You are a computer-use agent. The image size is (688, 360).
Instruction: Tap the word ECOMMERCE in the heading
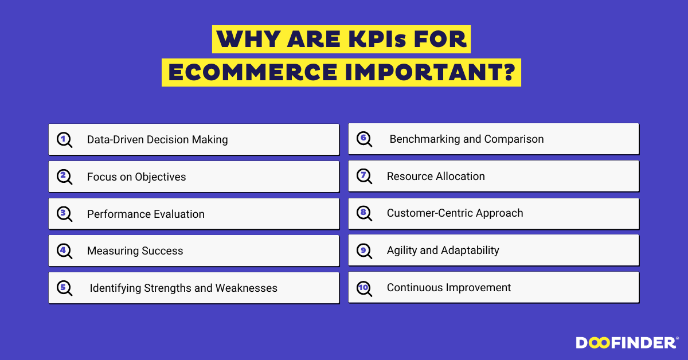(x=253, y=72)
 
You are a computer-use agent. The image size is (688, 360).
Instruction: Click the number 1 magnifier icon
(x=64, y=140)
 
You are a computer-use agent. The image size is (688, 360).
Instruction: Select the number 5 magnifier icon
(x=64, y=288)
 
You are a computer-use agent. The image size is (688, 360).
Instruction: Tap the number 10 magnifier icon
(x=364, y=289)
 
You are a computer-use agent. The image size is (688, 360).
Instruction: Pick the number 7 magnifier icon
(x=364, y=177)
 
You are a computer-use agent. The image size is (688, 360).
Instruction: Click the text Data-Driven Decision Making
(x=157, y=139)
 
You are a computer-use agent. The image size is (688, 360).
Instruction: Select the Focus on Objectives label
(x=136, y=177)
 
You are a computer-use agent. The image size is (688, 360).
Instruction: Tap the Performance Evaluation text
(x=146, y=214)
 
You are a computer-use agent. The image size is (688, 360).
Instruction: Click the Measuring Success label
(x=135, y=251)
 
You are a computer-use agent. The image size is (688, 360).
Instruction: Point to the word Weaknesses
(x=247, y=288)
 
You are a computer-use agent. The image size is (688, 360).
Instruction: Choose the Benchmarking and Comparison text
(x=467, y=139)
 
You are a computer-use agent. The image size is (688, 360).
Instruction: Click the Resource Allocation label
(x=436, y=177)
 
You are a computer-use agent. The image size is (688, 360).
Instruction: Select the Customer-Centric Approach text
(x=455, y=213)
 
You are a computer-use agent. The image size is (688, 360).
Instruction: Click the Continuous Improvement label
(x=449, y=288)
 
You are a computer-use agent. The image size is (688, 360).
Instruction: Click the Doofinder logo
(x=627, y=343)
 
